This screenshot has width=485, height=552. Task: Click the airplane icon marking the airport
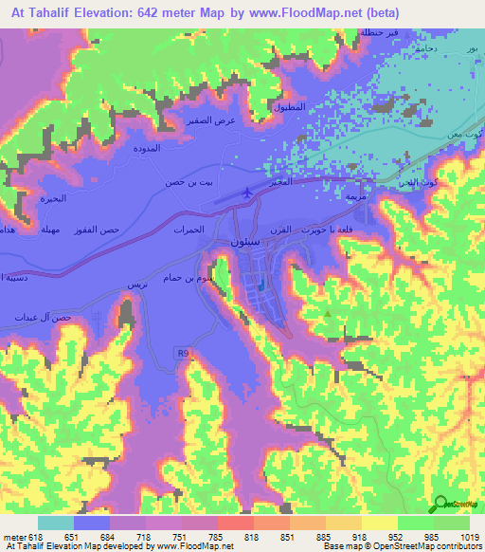(247, 193)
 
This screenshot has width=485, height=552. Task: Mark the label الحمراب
(189, 230)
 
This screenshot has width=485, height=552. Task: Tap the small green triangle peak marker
(328, 313)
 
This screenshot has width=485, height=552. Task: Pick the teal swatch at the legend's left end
(56, 523)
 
